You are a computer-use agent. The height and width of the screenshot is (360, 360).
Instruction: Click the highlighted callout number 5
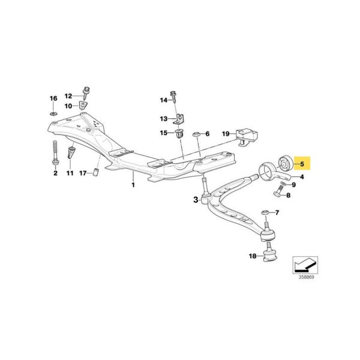tap(302, 163)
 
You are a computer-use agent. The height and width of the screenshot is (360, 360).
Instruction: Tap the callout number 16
tap(52, 98)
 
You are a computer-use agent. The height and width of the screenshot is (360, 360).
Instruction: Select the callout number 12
tap(68, 96)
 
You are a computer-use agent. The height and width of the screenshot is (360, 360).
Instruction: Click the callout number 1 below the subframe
tap(133, 185)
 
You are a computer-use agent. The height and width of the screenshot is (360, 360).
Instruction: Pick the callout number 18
tap(252, 256)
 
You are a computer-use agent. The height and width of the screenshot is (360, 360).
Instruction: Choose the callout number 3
tap(196, 200)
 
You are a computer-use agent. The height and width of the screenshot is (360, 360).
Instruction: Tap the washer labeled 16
tap(52, 112)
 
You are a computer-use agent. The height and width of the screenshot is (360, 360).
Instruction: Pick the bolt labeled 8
tap(278, 193)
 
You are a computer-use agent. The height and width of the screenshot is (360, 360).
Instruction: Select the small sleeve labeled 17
tap(94, 174)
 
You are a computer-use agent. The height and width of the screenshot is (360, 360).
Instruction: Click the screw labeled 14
tap(174, 98)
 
